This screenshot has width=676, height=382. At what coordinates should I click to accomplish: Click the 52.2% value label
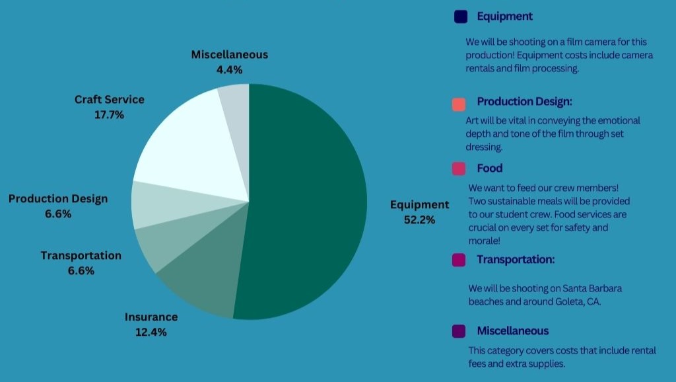(x=419, y=219)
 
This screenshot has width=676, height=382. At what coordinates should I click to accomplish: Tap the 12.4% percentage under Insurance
(x=151, y=332)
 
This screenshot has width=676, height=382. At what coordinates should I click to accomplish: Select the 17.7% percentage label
(x=109, y=114)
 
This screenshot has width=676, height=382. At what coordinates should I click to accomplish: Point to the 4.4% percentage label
(x=229, y=69)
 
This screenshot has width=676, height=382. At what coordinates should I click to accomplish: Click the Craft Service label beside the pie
(x=110, y=99)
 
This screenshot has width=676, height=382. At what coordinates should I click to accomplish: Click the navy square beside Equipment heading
(x=460, y=17)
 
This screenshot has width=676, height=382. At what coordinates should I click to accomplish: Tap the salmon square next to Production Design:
(x=459, y=104)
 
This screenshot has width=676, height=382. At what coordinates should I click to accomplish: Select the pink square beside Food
(x=459, y=169)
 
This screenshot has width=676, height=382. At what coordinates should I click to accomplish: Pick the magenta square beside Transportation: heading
(x=459, y=260)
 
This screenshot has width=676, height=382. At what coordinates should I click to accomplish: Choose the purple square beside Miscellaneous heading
(x=459, y=331)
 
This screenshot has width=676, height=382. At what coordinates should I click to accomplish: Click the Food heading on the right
(x=490, y=168)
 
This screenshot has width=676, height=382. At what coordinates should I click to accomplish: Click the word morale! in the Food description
(x=484, y=241)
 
